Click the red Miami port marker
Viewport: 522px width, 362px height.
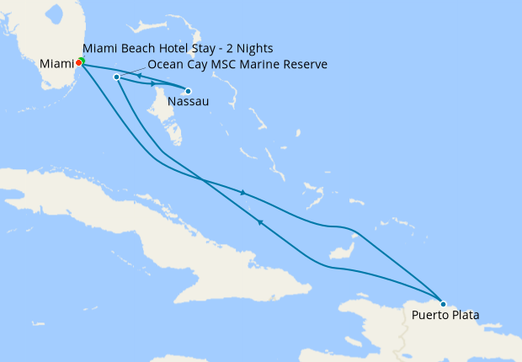point(78,62)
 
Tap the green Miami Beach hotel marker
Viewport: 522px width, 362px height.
point(82,60)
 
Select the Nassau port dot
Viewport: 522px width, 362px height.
point(188,91)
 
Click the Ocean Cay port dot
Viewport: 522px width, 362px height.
point(116,77)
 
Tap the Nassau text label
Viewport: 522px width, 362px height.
point(185,103)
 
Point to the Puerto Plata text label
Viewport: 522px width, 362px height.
point(445,316)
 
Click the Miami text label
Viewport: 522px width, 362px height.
point(56,63)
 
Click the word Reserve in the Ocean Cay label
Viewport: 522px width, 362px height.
point(304,64)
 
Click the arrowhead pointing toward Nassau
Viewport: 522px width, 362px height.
point(153,83)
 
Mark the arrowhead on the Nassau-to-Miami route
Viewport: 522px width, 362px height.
point(139,76)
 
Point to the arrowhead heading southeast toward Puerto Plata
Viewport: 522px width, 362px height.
point(242,193)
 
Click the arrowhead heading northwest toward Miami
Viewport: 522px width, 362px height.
point(261,222)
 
